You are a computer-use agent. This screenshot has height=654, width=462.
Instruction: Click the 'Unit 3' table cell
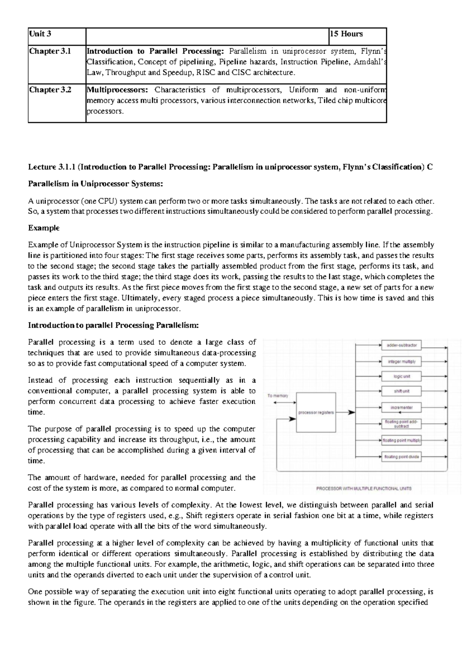tap(40, 34)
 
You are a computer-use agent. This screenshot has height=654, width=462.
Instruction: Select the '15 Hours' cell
tap(346, 34)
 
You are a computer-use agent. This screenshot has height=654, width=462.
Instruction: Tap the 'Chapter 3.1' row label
tap(50, 51)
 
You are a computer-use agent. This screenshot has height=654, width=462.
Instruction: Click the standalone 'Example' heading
tap(44, 228)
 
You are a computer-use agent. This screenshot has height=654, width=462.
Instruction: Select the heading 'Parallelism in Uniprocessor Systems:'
tap(96, 184)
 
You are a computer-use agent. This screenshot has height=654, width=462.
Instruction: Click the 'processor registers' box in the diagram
tap(316, 412)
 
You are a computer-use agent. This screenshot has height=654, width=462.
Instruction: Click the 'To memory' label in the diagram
tap(278, 396)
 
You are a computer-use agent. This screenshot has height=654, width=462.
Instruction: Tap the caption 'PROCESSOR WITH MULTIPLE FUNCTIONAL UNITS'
tap(363, 488)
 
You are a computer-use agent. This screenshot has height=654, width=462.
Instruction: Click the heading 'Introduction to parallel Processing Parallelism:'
tap(114, 325)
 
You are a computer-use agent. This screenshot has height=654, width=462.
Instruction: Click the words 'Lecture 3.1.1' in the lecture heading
tap(52, 167)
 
